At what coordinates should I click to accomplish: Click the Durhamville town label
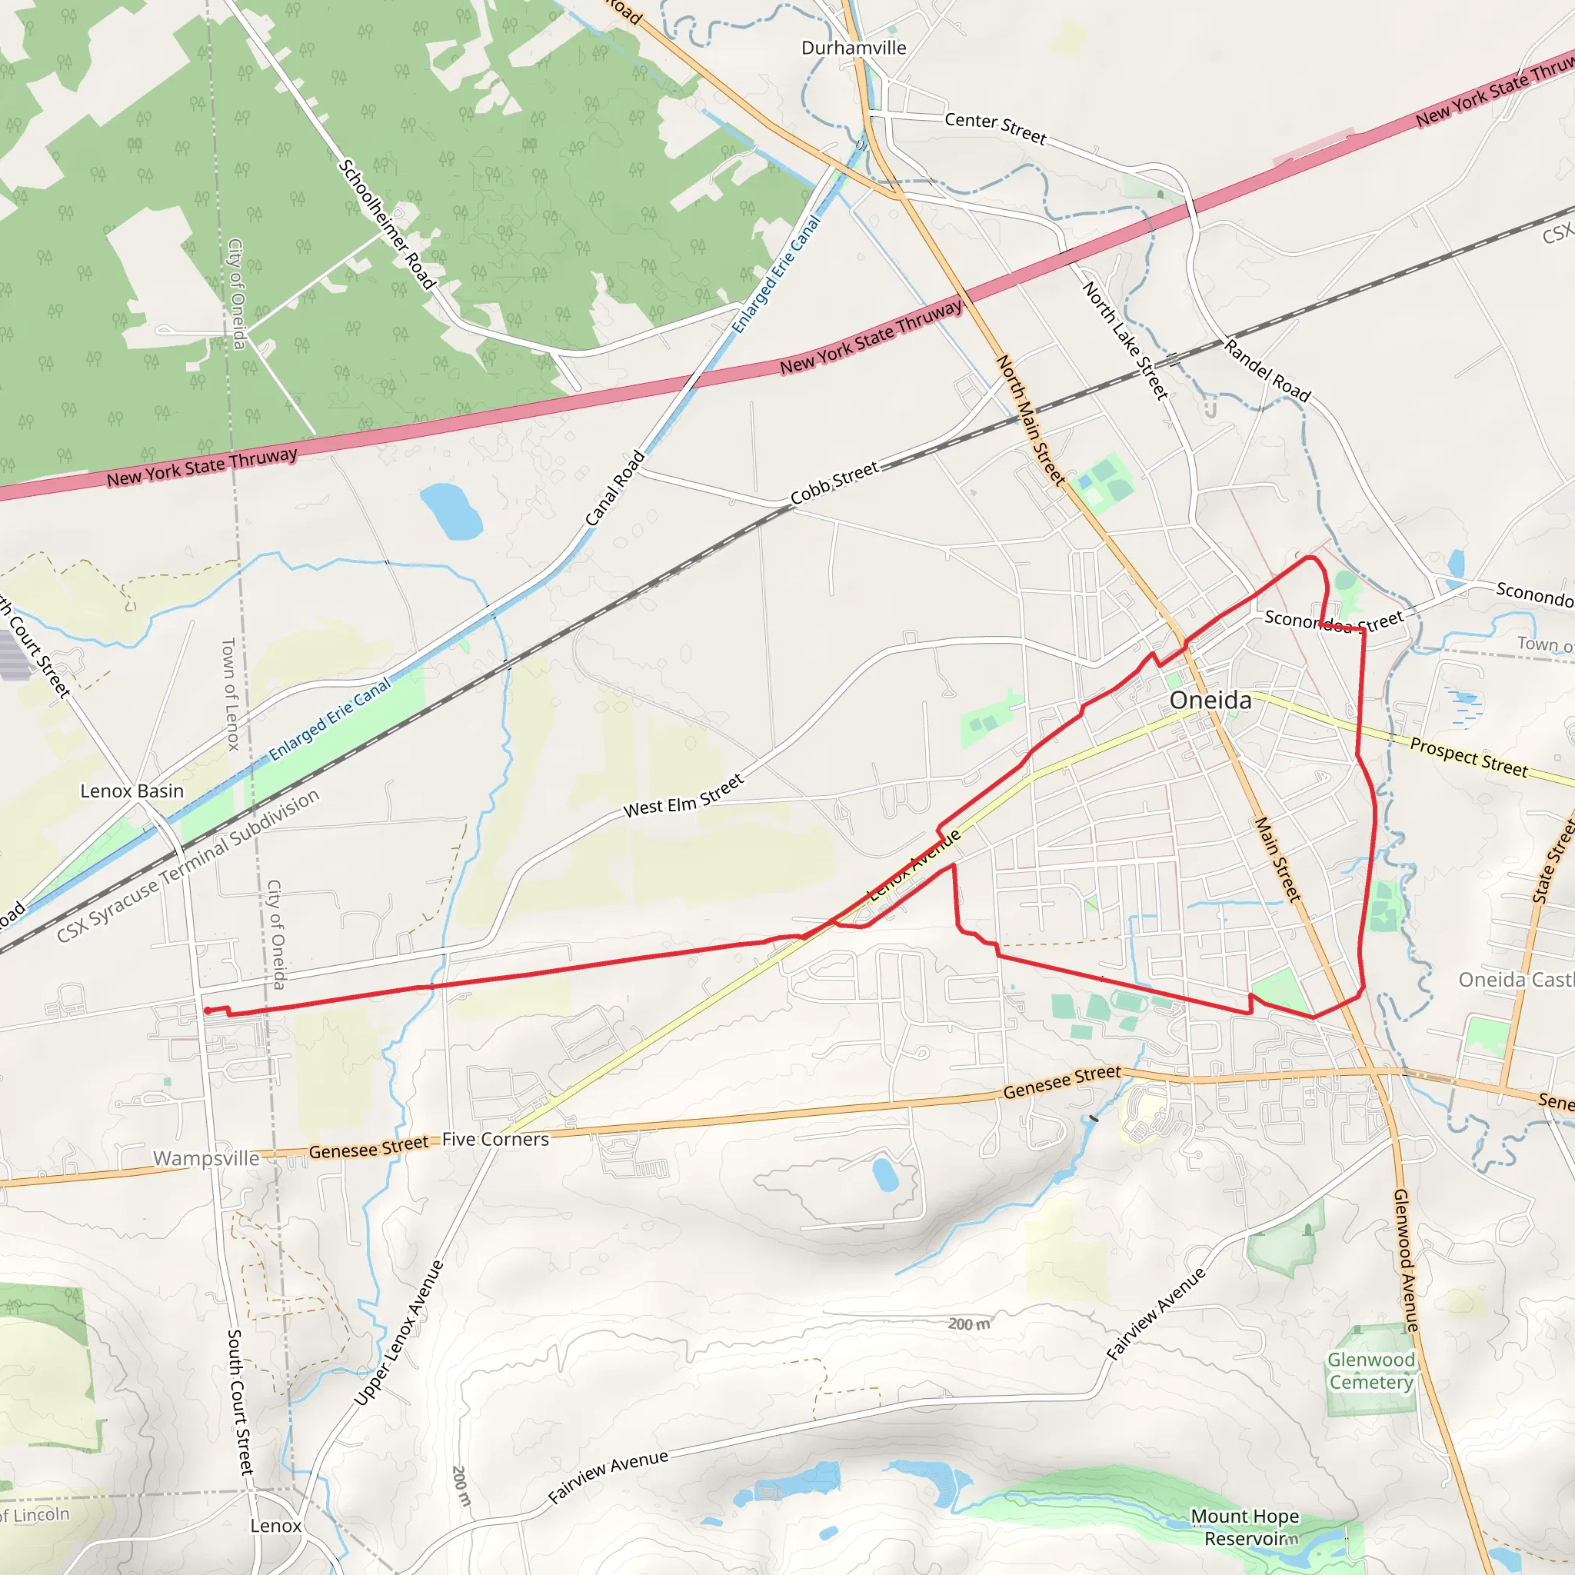click(x=854, y=48)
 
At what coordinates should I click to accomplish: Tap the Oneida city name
click(x=1210, y=701)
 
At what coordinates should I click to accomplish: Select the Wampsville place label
click(x=206, y=1158)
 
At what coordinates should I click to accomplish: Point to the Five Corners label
click(x=496, y=1140)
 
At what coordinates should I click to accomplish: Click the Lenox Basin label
click(x=132, y=791)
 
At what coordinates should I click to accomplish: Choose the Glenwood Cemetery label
click(x=1371, y=1371)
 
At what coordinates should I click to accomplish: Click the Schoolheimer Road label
click(x=386, y=225)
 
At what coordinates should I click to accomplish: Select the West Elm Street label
click(x=683, y=797)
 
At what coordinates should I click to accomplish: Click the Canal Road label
click(x=615, y=488)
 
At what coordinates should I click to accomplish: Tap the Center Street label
click(x=995, y=128)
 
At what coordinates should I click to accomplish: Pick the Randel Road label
click(x=1267, y=371)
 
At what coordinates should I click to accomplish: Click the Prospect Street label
click(x=1469, y=758)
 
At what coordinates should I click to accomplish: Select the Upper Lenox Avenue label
click(x=399, y=1333)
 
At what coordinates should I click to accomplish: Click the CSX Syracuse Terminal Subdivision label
click(x=188, y=867)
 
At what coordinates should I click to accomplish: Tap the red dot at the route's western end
click(x=207, y=1011)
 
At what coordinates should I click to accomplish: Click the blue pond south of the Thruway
click(x=451, y=511)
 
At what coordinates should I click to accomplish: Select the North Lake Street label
click(x=1126, y=340)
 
